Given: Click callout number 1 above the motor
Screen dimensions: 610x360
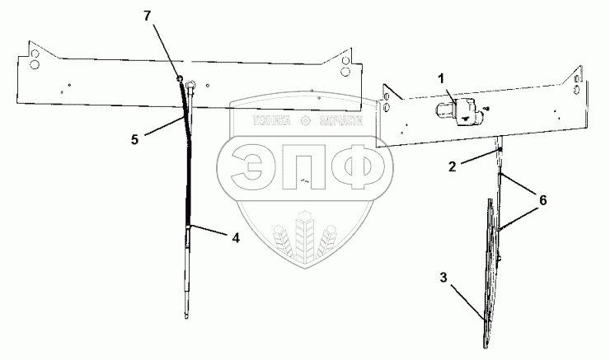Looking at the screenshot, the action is click(x=442, y=78).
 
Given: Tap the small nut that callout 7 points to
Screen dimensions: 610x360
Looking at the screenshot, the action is click(x=178, y=78).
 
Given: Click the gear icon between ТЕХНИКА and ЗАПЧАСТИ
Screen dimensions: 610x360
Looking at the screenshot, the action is click(x=306, y=121).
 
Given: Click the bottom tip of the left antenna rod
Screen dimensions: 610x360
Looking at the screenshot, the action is click(x=188, y=316).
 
